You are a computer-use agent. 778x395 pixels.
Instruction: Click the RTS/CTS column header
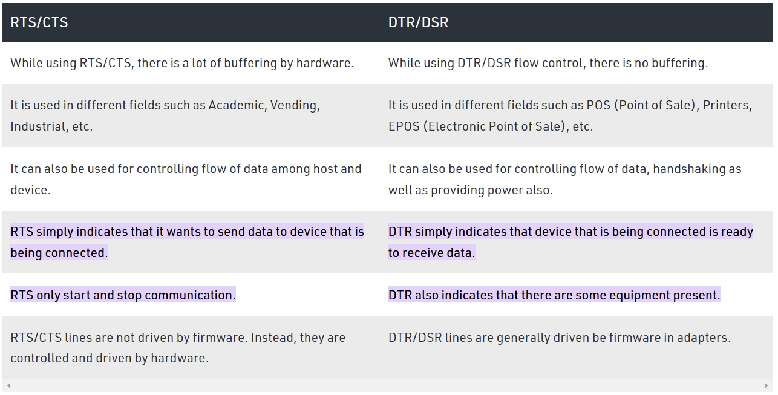(x=39, y=22)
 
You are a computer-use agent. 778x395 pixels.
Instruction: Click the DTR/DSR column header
(x=418, y=22)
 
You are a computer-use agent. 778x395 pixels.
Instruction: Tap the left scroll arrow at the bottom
(x=9, y=385)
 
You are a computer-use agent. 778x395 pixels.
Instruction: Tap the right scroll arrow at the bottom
(x=766, y=385)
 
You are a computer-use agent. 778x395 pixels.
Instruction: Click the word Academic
(x=238, y=105)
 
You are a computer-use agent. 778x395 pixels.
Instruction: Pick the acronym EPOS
(x=404, y=126)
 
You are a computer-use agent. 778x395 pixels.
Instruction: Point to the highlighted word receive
(x=423, y=253)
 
